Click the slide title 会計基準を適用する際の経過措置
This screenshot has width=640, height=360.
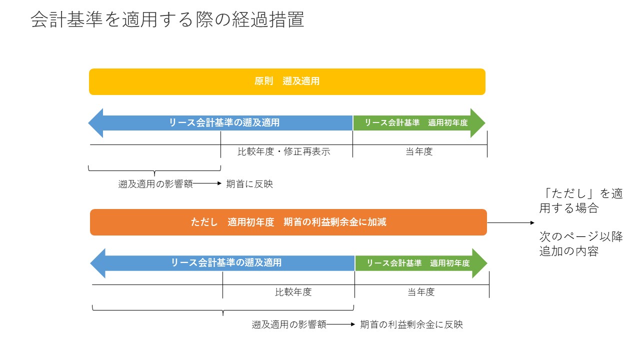coord(167,20)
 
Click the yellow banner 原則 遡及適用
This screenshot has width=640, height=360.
coord(287,81)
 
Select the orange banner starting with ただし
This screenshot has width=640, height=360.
coord(288,222)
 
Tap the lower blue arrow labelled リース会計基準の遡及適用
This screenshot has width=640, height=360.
coord(225,263)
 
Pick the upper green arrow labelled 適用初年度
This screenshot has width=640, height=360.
coord(417,122)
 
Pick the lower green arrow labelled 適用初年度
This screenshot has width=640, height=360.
coord(419,263)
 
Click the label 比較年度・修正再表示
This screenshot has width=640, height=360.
coord(284,152)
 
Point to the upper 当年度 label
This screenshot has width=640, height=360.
coord(419,152)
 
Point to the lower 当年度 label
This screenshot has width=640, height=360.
coord(421,292)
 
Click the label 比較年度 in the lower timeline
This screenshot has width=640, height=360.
coord(293,292)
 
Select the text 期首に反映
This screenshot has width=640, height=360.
coord(249,184)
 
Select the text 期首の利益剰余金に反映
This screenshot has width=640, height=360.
coord(411,324)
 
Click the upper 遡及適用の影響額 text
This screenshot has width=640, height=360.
coord(155,184)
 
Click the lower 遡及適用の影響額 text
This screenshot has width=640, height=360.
coord(289,324)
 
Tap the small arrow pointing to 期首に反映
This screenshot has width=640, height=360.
coord(207,184)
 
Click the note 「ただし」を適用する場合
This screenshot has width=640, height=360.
coord(581,200)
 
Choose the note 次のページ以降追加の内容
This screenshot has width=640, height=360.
coord(581,244)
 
